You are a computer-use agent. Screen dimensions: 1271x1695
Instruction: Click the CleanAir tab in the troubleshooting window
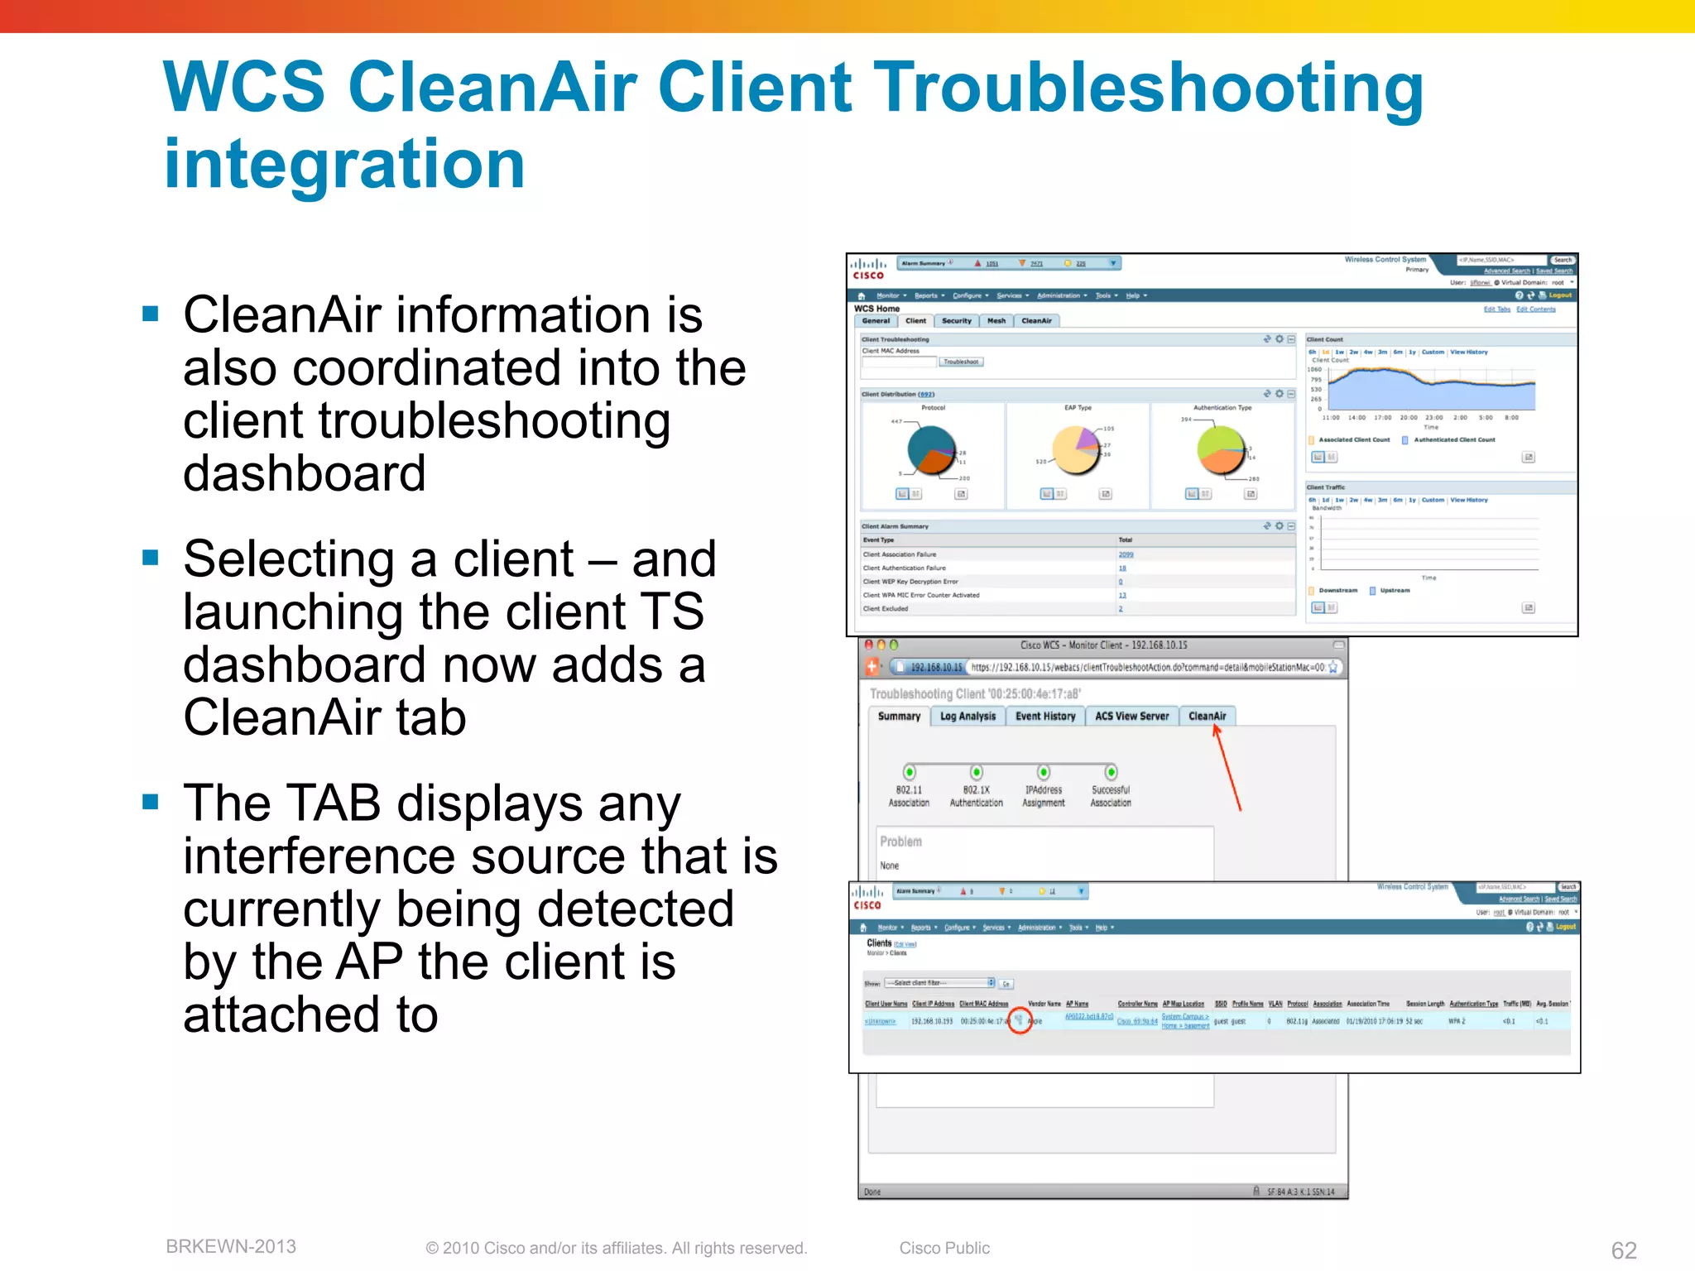[x=1207, y=716]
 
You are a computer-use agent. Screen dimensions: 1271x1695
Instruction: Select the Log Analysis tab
[x=968, y=716]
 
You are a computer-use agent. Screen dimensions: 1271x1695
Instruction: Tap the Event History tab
[x=1045, y=716]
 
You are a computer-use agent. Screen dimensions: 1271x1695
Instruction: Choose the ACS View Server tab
[x=1131, y=716]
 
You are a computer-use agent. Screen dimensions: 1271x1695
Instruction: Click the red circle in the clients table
[x=1020, y=1021]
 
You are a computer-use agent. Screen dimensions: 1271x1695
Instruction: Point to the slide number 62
[x=1623, y=1249]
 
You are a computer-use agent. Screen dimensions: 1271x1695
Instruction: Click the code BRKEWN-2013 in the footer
[x=231, y=1246]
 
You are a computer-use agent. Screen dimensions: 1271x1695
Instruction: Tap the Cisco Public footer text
[x=944, y=1248]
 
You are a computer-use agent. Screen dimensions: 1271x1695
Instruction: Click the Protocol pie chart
[x=932, y=450]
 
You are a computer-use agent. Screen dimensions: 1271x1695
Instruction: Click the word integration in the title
[x=344, y=164]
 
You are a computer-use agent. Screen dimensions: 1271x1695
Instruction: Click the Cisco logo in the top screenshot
[x=868, y=268]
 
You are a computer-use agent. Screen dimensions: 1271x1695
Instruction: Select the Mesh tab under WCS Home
[x=996, y=321]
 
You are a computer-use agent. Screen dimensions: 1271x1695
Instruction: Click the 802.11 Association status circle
[x=910, y=772]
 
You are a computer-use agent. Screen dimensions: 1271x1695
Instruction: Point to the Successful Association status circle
[x=1111, y=772]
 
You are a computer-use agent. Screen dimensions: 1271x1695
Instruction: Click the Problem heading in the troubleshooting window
[x=900, y=841]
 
